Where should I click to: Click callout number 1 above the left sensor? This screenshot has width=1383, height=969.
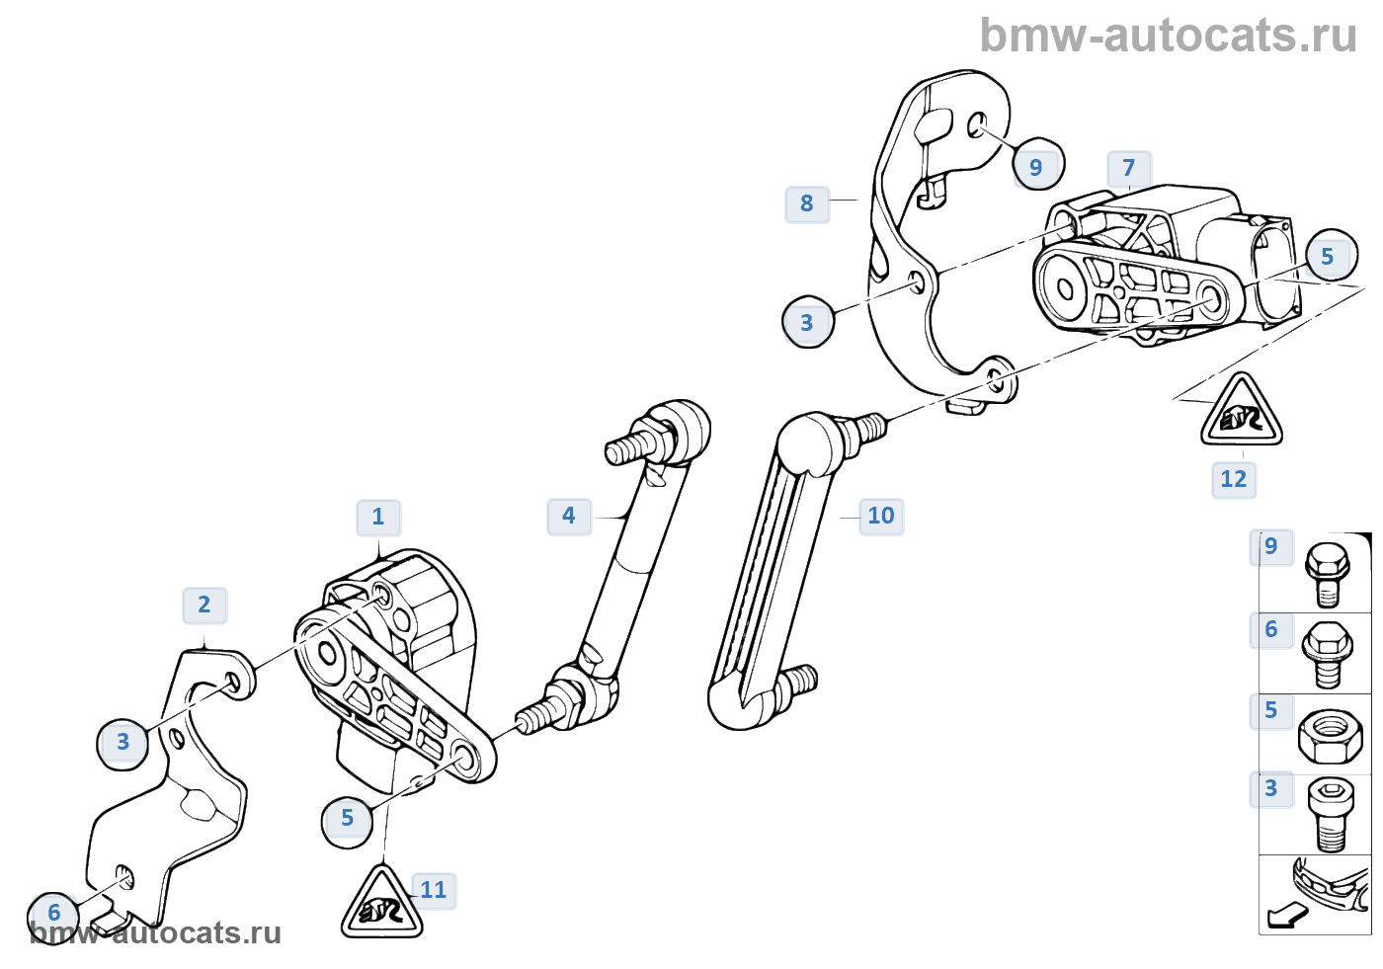[x=378, y=517]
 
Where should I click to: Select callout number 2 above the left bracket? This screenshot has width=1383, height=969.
[x=204, y=605]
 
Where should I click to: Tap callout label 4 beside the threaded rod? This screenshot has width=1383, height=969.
[x=569, y=516]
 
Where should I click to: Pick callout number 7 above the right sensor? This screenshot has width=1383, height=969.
[x=1129, y=168]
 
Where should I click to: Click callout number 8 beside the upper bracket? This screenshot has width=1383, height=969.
[x=807, y=203]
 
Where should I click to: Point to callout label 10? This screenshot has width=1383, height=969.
[x=880, y=516]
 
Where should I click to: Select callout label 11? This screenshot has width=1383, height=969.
[x=434, y=890]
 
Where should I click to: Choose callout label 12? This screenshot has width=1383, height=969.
[x=1234, y=479]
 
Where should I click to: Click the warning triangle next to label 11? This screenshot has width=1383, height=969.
[x=382, y=904]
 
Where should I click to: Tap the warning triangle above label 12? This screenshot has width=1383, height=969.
[x=1242, y=413]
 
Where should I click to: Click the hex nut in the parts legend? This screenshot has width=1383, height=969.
[x=1329, y=737]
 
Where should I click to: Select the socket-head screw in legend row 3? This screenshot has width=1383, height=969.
[x=1330, y=814]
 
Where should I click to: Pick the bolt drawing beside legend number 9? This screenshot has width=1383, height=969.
[x=1328, y=572]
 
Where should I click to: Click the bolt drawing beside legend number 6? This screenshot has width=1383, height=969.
[x=1328, y=653]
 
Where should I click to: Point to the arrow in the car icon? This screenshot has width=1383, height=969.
[x=1287, y=917]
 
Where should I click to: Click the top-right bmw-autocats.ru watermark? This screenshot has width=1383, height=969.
[x=1168, y=36]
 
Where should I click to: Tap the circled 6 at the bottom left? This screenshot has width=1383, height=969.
[x=54, y=913]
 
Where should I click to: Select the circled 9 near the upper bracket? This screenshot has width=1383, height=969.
[x=1036, y=167]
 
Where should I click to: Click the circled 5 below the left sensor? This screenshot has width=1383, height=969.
[x=347, y=818]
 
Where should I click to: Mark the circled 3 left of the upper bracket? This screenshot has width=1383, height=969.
[x=807, y=322]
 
